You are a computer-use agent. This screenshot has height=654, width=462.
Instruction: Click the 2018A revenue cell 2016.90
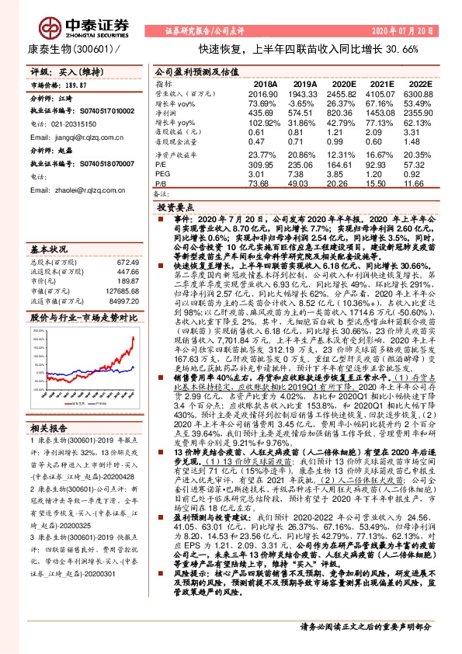click(x=263, y=92)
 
